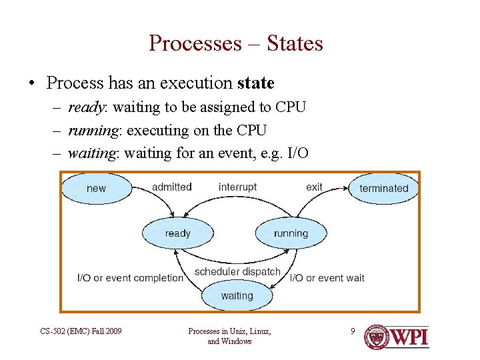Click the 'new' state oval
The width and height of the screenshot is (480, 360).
[x=96, y=188]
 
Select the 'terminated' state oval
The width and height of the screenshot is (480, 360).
[x=383, y=188]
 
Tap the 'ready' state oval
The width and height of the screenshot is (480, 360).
[x=177, y=233]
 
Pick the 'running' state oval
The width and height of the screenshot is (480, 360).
[x=291, y=233]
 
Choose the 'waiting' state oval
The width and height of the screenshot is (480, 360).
[x=237, y=295]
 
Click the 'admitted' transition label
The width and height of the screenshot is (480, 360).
[x=171, y=187]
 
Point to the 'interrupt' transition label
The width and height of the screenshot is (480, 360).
[x=237, y=187]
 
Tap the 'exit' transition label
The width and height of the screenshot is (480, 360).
[x=314, y=187]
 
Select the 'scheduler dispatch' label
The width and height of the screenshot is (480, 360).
[x=237, y=271]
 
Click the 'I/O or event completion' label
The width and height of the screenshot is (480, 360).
[x=130, y=277]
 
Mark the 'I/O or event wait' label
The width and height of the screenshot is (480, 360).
[x=327, y=277]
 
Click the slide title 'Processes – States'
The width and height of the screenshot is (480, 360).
[x=236, y=43]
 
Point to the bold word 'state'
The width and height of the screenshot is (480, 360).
[x=255, y=83]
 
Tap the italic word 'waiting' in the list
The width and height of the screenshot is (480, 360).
[x=92, y=153]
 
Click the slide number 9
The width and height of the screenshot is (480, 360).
[x=353, y=330]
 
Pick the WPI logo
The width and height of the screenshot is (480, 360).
[x=396, y=337]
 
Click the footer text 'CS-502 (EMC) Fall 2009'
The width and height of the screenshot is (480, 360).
[x=81, y=331]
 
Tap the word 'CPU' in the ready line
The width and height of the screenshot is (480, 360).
[x=289, y=107]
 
